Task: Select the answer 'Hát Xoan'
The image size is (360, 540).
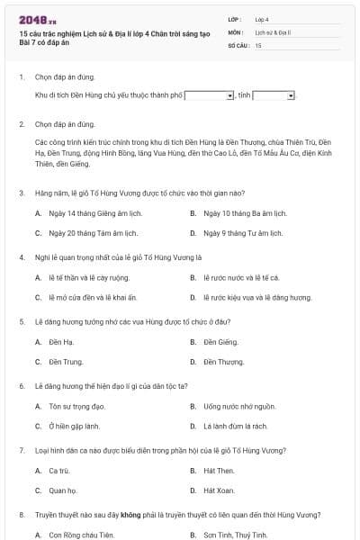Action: [219, 490]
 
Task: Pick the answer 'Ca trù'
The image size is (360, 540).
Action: [58, 470]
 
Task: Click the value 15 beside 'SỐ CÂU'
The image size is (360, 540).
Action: [258, 44]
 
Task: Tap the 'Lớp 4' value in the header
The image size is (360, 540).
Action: [262, 18]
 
